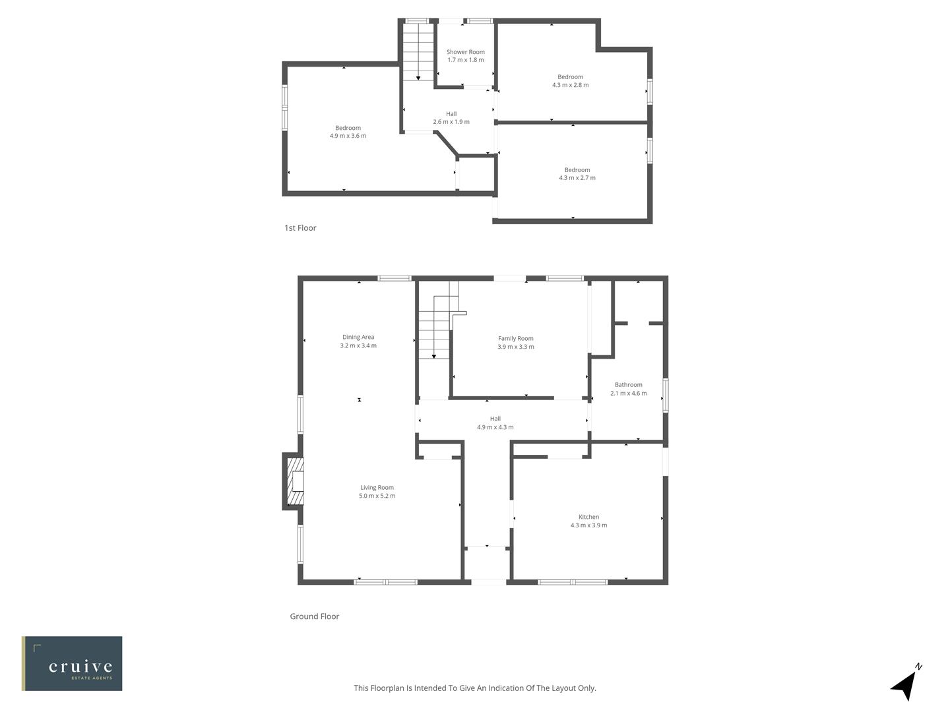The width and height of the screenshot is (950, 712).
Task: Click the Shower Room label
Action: tap(465, 52)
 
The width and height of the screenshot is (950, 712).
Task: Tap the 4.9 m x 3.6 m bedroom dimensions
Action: tap(348, 136)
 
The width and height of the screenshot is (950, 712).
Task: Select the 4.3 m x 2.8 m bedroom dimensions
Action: tap(570, 85)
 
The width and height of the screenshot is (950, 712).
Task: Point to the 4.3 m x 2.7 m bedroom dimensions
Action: tap(577, 178)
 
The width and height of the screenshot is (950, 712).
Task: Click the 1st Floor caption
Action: tap(300, 228)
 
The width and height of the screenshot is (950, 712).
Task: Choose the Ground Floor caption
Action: tap(314, 616)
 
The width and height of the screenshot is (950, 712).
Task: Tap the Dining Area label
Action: tap(358, 337)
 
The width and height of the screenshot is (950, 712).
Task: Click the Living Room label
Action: tap(377, 488)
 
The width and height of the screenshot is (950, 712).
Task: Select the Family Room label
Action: tap(515, 338)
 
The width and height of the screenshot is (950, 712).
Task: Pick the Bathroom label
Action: tap(628, 385)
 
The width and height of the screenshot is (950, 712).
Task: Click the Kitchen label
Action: tap(588, 517)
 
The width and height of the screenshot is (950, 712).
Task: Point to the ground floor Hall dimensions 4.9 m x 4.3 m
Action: tap(495, 427)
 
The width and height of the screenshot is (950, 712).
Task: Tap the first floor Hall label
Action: tap(451, 114)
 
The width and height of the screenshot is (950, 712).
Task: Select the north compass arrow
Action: tap(905, 685)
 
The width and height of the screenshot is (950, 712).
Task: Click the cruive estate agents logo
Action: tap(72, 663)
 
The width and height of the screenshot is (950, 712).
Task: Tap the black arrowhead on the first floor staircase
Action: tap(418, 78)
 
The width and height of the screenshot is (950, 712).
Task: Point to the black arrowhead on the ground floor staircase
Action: tap(433, 357)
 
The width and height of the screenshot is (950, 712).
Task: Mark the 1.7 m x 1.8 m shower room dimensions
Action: tap(465, 60)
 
